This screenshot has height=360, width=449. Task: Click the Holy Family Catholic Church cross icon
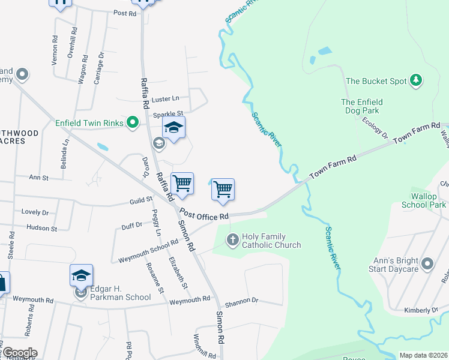(233, 240)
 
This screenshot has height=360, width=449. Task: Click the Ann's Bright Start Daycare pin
(427, 263)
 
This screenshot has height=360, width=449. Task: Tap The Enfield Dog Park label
(362, 106)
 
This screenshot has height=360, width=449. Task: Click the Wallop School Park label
(428, 200)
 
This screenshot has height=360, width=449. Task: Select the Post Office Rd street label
(204, 215)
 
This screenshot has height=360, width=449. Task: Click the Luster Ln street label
(166, 99)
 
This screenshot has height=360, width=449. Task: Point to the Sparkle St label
(167, 113)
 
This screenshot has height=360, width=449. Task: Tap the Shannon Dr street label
(243, 301)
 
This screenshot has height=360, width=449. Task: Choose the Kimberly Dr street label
(421, 310)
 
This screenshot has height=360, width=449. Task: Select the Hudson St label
(41, 228)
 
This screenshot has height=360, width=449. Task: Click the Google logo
(19, 353)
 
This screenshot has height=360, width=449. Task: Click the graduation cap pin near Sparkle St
(173, 128)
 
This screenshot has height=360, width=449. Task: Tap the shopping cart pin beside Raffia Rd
(182, 183)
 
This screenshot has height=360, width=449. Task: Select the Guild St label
(140, 201)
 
